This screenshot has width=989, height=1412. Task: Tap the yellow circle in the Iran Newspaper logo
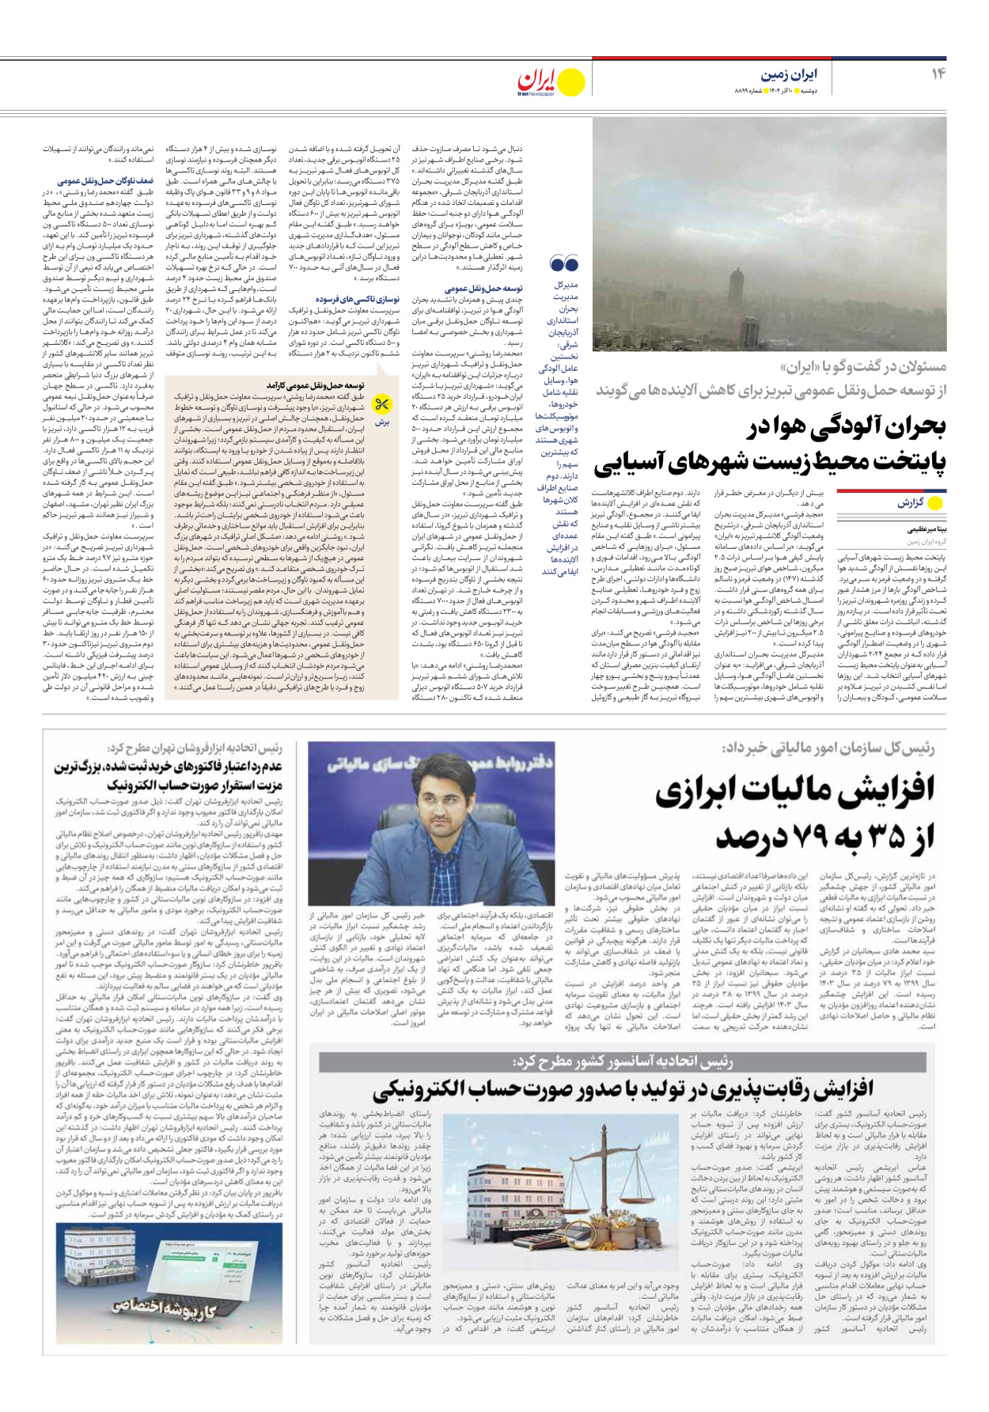click(572, 81)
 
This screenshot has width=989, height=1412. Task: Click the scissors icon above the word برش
click(382, 405)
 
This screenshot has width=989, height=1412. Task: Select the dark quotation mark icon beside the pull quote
click(563, 263)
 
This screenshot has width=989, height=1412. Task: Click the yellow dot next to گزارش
click(936, 503)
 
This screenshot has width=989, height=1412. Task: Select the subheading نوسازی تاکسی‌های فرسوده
click(358, 299)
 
